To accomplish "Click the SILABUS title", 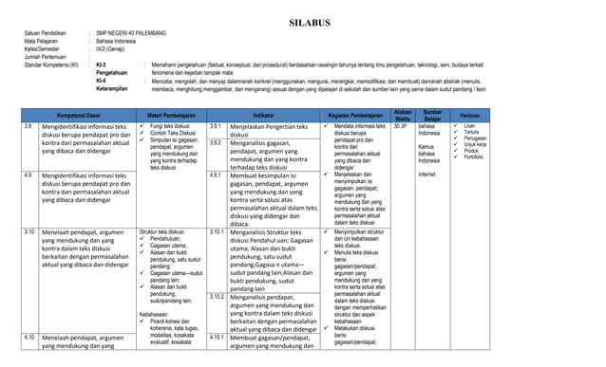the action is coord(303,19).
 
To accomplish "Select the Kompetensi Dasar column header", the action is coord(78,113).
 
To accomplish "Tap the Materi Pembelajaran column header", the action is coord(172,113).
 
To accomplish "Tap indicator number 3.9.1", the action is coord(216,126).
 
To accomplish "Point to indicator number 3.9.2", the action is coord(216,142).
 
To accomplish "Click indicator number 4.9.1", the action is coord(216,175).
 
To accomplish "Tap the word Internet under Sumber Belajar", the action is coord(426,174).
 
